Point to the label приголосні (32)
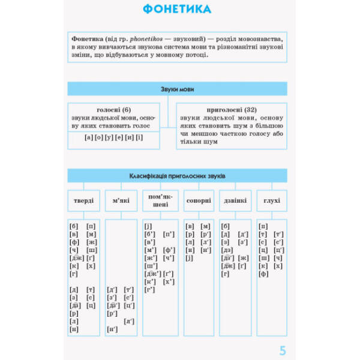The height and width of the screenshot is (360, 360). tap(231, 110)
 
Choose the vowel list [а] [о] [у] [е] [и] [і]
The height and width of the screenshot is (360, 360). tap(113, 137)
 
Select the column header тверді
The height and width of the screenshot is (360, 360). tap(84, 200)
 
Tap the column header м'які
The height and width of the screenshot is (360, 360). tap(121, 200)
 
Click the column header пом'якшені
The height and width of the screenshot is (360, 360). tap(159, 200)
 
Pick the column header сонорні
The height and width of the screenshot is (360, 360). tap(199, 200)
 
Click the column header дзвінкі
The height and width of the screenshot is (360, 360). tap(235, 200)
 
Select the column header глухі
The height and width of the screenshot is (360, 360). tap(271, 200)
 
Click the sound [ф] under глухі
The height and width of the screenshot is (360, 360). tap(263, 274)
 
